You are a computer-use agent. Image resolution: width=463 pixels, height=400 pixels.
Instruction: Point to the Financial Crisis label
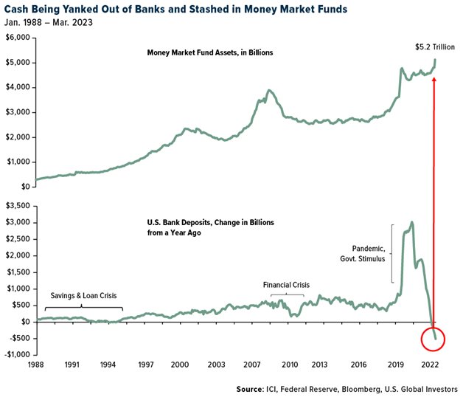(x=287, y=284)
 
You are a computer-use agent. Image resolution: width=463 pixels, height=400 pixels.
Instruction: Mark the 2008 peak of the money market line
(x=270, y=91)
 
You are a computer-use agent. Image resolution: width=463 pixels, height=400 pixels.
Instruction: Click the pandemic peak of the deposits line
(x=411, y=222)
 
